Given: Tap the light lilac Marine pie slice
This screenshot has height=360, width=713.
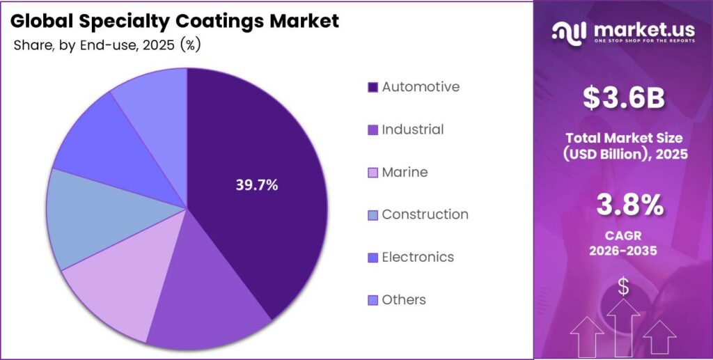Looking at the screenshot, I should coord(118,285).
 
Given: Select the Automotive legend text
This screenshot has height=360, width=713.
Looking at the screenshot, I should coord(421,87).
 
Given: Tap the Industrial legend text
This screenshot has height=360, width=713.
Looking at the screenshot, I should coord(412,130).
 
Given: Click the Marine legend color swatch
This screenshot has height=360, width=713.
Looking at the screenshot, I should coord(373,173).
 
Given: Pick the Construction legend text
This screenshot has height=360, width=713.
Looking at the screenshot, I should coord(425,214).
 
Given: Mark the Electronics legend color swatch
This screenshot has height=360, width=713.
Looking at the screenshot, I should coord(373,258).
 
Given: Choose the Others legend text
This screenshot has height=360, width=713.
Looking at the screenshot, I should coord(404,300).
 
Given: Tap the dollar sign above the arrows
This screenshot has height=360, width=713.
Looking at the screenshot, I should coord(623,286).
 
